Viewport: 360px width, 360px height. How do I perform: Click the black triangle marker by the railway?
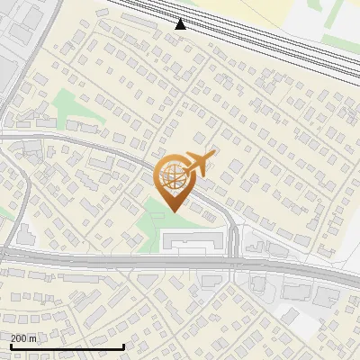tap(181, 24)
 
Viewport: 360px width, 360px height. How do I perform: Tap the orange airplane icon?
tap(198, 164)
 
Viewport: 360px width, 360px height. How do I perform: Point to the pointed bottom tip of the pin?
tap(173, 211)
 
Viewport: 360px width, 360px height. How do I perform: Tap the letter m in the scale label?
tap(33, 338)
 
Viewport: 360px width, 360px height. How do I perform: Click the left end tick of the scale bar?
tap(10, 345)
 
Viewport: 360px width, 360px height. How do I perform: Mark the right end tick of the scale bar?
tap(123, 345)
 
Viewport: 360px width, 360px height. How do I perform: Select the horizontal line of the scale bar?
tap(67, 346)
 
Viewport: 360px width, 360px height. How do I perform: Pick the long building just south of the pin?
tap(192, 238)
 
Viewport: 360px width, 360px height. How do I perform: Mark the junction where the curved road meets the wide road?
tap(233, 262)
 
